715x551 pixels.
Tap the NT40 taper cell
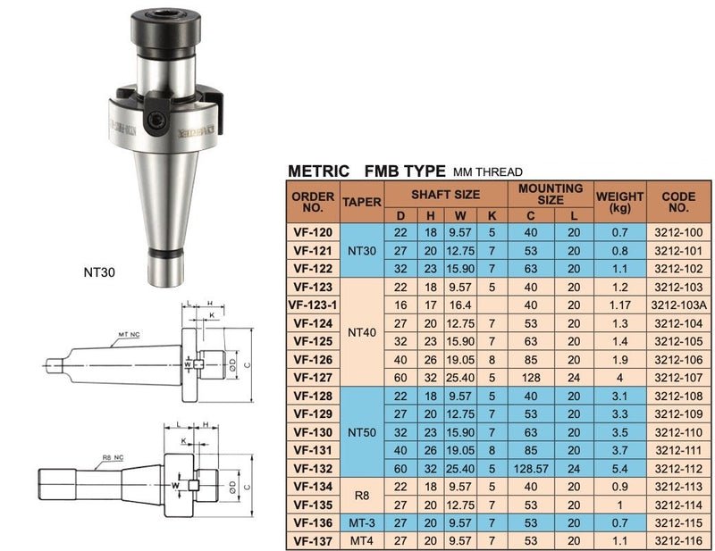tap(361, 332)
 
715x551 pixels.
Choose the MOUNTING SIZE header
tap(551, 194)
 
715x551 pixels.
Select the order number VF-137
tap(313, 539)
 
